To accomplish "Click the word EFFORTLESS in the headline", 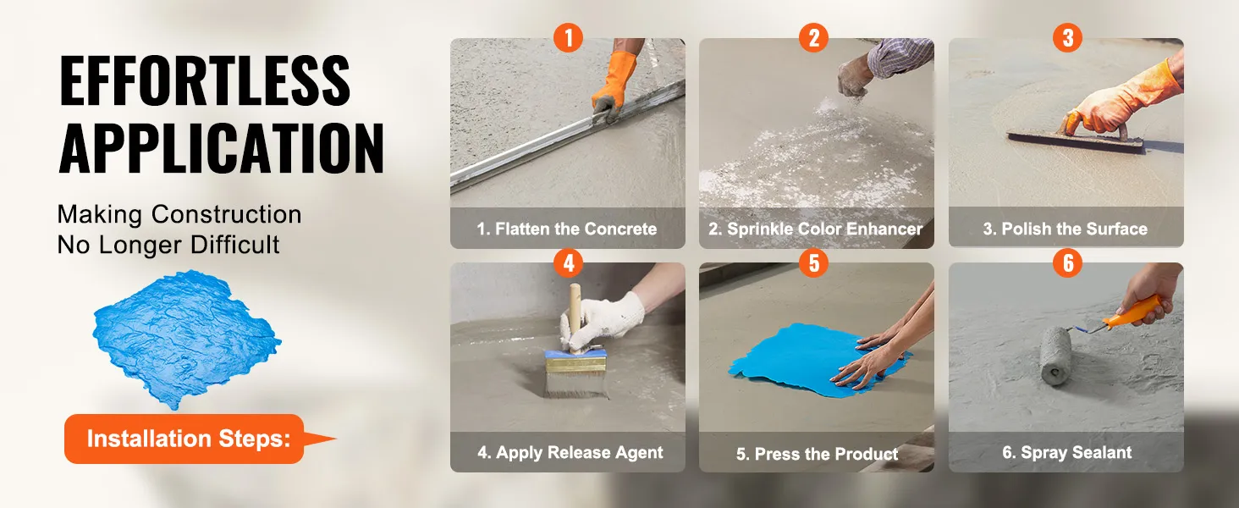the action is pyautogui.click(x=205, y=80).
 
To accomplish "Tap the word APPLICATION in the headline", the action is pyautogui.click(x=221, y=148).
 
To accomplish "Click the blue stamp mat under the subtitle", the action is pyautogui.click(x=186, y=339).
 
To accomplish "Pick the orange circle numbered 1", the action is pyautogui.click(x=568, y=37).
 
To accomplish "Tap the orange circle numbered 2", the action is pyautogui.click(x=813, y=37).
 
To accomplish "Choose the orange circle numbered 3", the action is pyautogui.click(x=1067, y=37).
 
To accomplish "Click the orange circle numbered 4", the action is pyautogui.click(x=568, y=262).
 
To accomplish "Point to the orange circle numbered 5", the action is pyautogui.click(x=813, y=262).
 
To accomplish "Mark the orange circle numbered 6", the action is pyautogui.click(x=1067, y=262).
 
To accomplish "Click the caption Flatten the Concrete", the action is pyautogui.click(x=567, y=229).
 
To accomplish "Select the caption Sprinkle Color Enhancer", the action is pyautogui.click(x=815, y=229).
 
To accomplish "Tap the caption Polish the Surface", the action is pyautogui.click(x=1065, y=229).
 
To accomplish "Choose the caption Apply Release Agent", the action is pyautogui.click(x=570, y=453).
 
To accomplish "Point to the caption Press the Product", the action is pyautogui.click(x=817, y=454).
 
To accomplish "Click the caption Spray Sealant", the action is pyautogui.click(x=1067, y=453).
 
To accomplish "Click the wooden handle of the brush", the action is pyautogui.click(x=575, y=316).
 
